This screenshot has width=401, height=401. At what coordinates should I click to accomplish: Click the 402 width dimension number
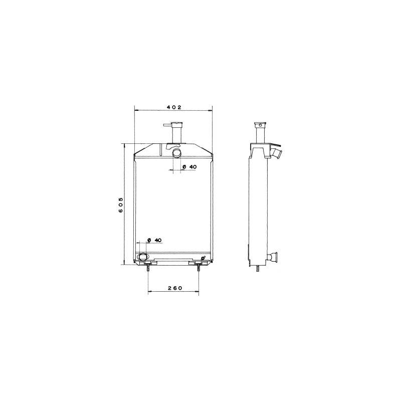174,107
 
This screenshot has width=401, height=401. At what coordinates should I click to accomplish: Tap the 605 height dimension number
121,205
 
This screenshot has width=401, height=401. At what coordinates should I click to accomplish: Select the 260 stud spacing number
175,288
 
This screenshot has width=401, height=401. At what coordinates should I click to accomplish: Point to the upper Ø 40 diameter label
189,167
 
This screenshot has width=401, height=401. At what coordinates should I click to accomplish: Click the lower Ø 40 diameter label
154,240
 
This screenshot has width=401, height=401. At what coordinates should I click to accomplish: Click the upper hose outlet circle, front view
176,153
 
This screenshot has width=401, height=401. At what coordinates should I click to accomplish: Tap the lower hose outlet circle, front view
143,257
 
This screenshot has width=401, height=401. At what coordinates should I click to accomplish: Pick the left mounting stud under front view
148,268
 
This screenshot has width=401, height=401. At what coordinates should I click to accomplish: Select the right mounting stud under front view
198,268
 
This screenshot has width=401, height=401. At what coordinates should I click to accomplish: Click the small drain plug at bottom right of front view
204,258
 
